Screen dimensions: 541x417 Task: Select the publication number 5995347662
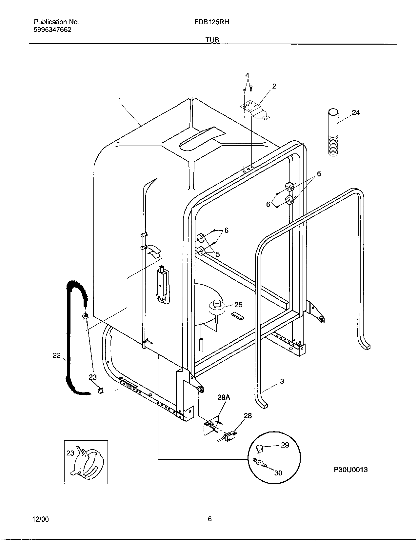(52, 30)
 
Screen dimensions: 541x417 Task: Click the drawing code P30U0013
(351, 470)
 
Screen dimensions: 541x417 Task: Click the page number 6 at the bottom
(210, 519)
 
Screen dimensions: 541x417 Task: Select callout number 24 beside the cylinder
(356, 112)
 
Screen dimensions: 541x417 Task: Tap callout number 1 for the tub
(120, 99)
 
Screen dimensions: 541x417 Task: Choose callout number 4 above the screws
(248, 75)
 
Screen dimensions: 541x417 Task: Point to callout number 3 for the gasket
(282, 381)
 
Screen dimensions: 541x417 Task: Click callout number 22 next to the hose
(57, 355)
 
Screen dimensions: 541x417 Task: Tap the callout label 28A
(224, 398)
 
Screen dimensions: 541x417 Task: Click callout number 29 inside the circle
(285, 445)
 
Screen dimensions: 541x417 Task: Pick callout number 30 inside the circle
(278, 473)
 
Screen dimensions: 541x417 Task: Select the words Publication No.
(56, 22)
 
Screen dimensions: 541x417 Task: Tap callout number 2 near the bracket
(274, 86)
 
